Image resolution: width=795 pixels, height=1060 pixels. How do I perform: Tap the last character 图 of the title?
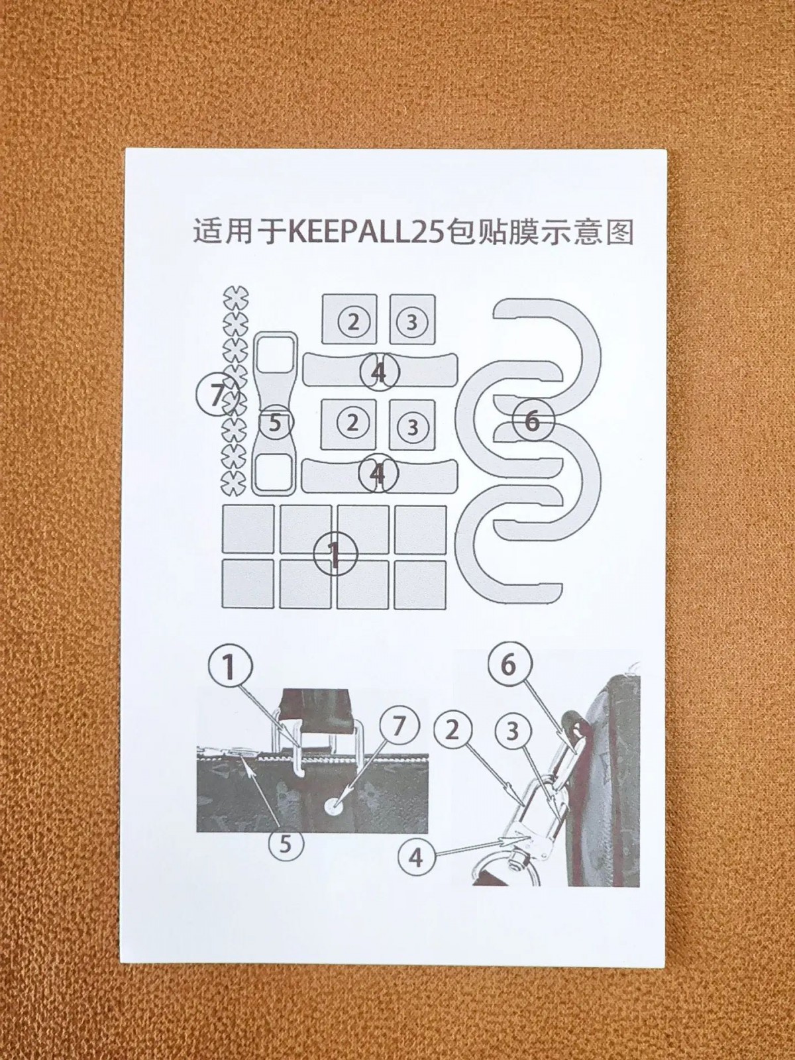click(x=618, y=232)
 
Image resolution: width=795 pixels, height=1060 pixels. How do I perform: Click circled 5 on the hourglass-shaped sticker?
click(x=275, y=424)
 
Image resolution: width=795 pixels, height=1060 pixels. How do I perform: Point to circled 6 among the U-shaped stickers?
click(x=532, y=422)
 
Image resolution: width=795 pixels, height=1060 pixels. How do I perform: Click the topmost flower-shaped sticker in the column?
click(x=236, y=298)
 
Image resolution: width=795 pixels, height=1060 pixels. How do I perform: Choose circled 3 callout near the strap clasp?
click(x=513, y=732)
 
